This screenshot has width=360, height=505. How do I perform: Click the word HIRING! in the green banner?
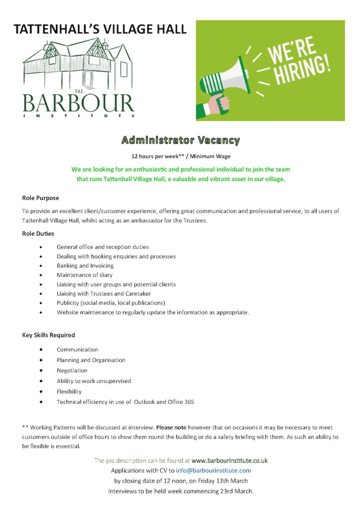point(302,70)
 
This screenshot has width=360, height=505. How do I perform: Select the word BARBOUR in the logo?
point(78,103)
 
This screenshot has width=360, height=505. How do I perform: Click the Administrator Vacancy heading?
point(181,140)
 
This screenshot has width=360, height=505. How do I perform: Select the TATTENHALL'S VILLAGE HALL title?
point(100,29)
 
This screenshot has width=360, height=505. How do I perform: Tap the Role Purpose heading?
point(40,198)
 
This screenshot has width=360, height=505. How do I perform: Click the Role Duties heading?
point(38,234)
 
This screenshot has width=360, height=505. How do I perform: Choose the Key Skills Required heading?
point(48,335)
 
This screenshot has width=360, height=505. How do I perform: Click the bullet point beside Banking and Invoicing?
point(41,266)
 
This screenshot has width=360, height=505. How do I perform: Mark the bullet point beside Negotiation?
point(41,371)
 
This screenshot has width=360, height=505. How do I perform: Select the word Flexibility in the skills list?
point(69,391)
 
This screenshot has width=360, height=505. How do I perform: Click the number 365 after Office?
point(189,402)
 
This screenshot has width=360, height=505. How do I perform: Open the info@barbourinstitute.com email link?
point(213,470)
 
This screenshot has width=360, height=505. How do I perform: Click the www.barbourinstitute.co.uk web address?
point(230,460)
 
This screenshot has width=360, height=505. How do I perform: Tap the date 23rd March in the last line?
point(237,491)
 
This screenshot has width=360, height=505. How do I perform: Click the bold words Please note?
point(171,427)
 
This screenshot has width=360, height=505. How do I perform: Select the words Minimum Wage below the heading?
point(210,156)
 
